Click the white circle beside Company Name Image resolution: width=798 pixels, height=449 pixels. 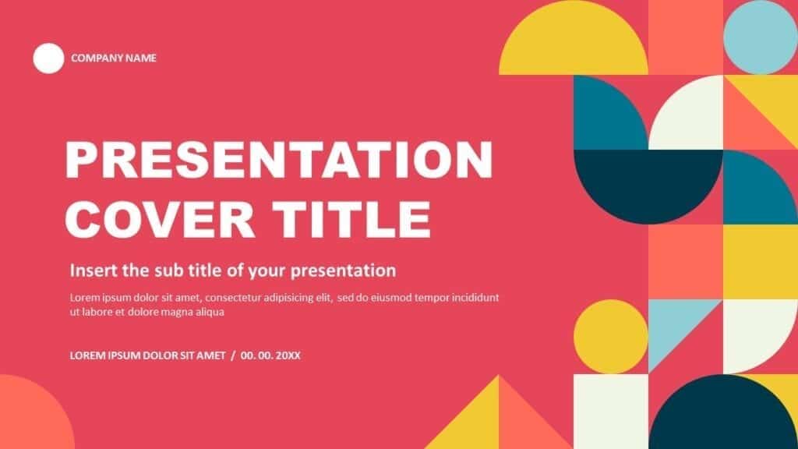(x=48, y=58)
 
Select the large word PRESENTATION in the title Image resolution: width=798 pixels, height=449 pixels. (x=279, y=159)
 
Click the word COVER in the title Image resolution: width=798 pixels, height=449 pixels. (x=159, y=219)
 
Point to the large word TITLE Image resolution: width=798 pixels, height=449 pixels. (x=351, y=219)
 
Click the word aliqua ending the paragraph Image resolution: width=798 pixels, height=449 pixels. (x=210, y=312)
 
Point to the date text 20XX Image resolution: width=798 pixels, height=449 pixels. (x=288, y=355)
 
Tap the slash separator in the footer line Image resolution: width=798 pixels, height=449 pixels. (x=233, y=355)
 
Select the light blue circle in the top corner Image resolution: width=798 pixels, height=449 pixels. (x=761, y=37)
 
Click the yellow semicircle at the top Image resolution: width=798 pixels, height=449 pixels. (x=574, y=41)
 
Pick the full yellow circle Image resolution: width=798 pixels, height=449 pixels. (x=611, y=337)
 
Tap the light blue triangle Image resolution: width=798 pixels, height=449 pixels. (x=672, y=326)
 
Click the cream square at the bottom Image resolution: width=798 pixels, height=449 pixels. (x=611, y=412)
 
